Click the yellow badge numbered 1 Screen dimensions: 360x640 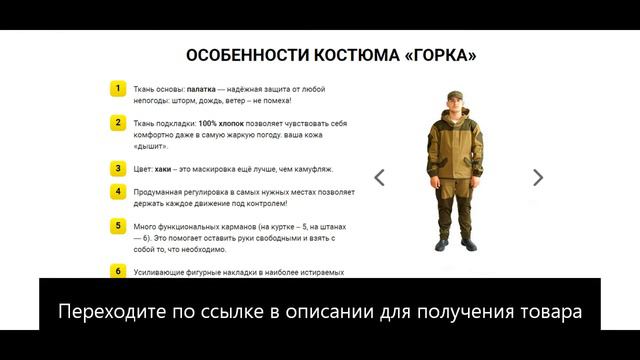118,89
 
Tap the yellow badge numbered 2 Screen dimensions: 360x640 118,123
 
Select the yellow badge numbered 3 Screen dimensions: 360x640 118,168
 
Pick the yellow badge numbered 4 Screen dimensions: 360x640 118,191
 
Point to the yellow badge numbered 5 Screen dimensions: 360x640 118,226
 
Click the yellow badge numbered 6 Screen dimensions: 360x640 118,271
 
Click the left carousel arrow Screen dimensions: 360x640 380,178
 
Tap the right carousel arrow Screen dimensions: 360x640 538,178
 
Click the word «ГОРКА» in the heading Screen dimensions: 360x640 433,56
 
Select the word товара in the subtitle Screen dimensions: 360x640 543,311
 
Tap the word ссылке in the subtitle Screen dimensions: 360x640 233,311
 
